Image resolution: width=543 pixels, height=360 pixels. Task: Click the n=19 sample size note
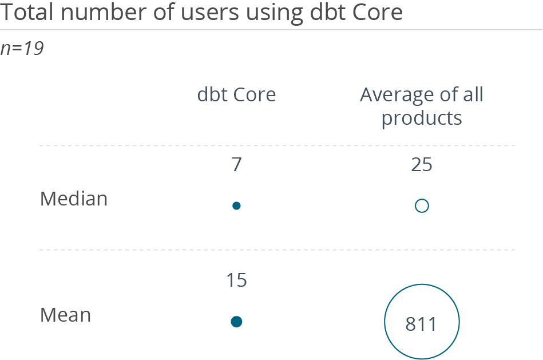pyautogui.click(x=22, y=49)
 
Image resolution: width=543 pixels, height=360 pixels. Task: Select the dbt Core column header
pyautogui.click(x=236, y=94)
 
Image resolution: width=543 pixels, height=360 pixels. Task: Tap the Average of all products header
pyautogui.click(x=422, y=106)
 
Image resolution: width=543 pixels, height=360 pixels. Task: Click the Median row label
pyautogui.click(x=74, y=199)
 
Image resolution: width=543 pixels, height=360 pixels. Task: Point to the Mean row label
pyautogui.click(x=66, y=314)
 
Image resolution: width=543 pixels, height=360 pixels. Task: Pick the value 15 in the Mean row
pyautogui.click(x=236, y=280)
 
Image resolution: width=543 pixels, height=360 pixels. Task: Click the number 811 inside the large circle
pyautogui.click(x=422, y=324)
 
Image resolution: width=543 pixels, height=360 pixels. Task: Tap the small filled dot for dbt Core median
pyautogui.click(x=236, y=206)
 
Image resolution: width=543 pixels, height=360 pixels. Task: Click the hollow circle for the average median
pyautogui.click(x=422, y=206)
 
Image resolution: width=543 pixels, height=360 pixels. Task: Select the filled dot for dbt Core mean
pyautogui.click(x=236, y=322)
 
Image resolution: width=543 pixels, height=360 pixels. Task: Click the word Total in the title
pyautogui.click(x=25, y=12)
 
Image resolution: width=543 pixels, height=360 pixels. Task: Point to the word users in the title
pyautogui.click(x=211, y=12)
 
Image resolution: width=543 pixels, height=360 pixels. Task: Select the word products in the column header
pyautogui.click(x=422, y=118)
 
